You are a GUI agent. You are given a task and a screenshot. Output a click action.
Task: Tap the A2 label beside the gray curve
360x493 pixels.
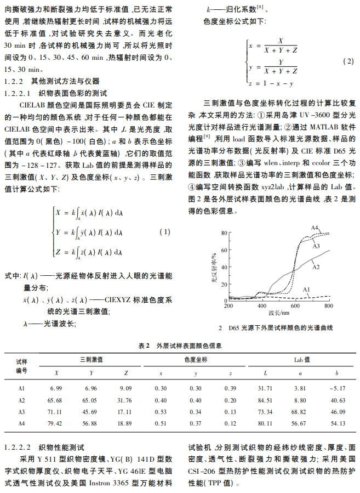coord(316,267)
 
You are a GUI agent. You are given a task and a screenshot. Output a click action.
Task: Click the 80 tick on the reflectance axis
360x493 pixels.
coord(223,234)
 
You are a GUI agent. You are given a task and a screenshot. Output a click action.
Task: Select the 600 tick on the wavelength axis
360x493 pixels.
coord(295,306)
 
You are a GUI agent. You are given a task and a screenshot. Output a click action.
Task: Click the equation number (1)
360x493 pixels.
coord(164,232)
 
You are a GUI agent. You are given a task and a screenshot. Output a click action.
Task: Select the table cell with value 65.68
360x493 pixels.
coord(55,400)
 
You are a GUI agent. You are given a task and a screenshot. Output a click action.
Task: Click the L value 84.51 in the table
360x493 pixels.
coord(265,400)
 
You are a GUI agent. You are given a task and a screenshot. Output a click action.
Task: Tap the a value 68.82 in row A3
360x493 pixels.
coord(300,411)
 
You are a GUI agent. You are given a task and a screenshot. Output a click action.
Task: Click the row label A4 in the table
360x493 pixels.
coord(21,423)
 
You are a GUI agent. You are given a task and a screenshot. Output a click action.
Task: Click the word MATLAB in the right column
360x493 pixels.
coord(314,126)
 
